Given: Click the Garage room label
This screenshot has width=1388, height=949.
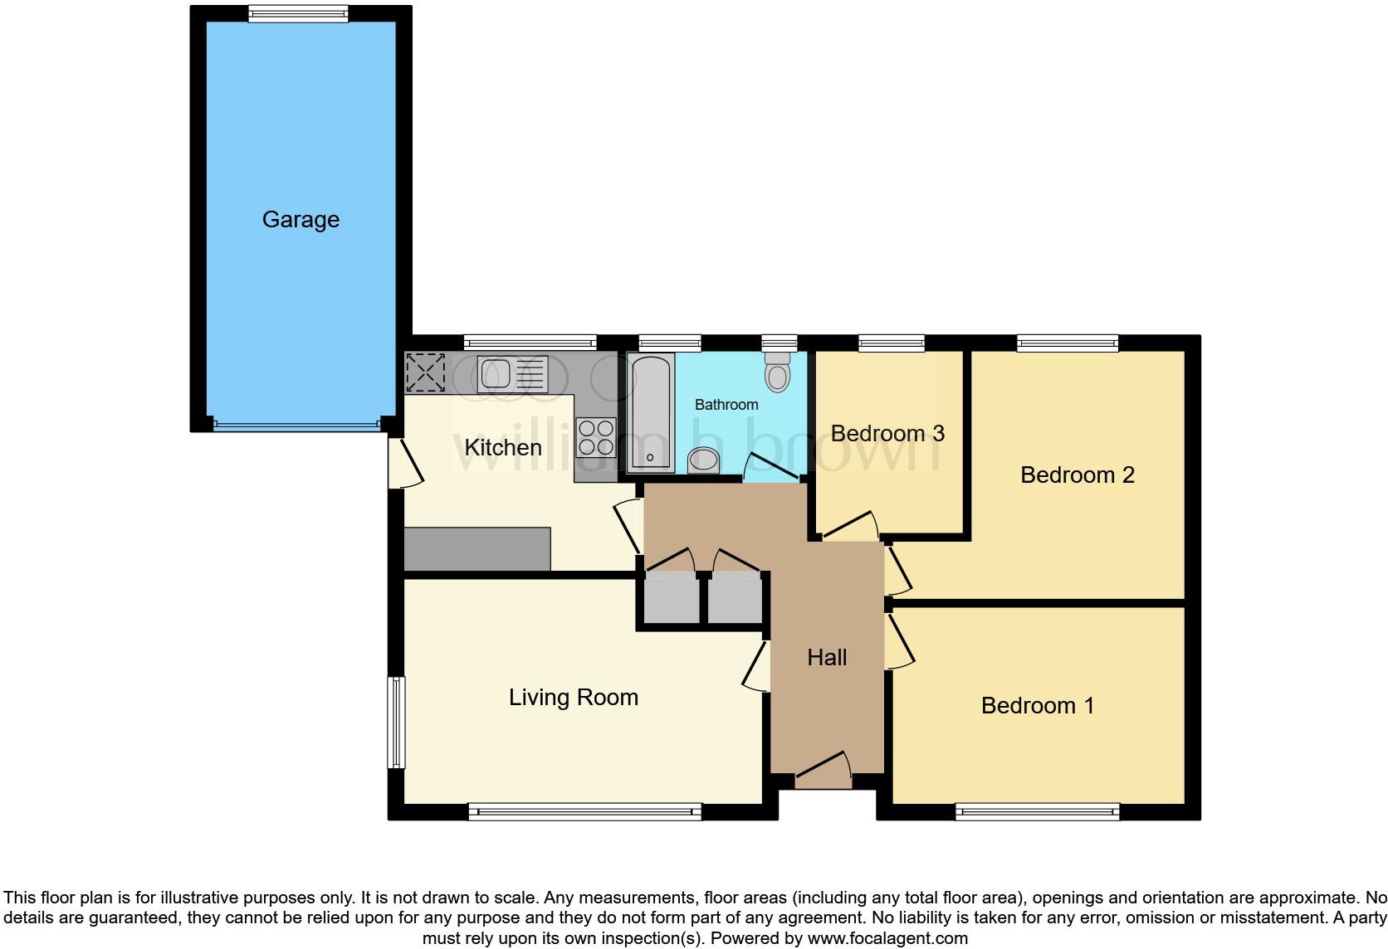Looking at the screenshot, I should pyautogui.click(x=301, y=220).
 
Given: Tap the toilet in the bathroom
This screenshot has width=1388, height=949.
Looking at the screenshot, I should pyautogui.click(x=777, y=372).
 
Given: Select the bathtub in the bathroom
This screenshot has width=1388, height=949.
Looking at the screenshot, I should pyautogui.click(x=650, y=412).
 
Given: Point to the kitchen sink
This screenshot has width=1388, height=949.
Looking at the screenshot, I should pyautogui.click(x=499, y=373).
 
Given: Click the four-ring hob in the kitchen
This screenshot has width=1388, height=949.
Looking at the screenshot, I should pyautogui.click(x=596, y=437).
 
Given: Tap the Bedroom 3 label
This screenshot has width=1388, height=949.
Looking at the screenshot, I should pyautogui.click(x=887, y=434).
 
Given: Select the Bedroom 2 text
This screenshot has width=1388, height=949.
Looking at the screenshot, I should pyautogui.click(x=1077, y=475).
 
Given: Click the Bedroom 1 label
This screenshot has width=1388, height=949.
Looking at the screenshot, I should pyautogui.click(x=1037, y=706).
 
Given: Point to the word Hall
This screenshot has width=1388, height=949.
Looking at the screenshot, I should pyautogui.click(x=827, y=658).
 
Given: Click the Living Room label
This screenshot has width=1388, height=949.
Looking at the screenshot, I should pyautogui.click(x=574, y=698).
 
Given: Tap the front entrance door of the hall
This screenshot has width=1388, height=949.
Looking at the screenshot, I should pyautogui.click(x=824, y=771).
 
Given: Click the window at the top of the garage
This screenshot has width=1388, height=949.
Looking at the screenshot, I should pyautogui.click(x=298, y=13).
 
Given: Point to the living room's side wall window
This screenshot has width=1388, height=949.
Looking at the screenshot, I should pyautogui.click(x=397, y=722).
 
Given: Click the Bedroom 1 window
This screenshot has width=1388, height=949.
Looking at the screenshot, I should pyautogui.click(x=1037, y=811).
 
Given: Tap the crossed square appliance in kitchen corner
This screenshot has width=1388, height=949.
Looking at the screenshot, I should pyautogui.click(x=425, y=372).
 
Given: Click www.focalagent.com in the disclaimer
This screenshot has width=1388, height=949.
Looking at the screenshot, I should pyautogui.click(x=887, y=938).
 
